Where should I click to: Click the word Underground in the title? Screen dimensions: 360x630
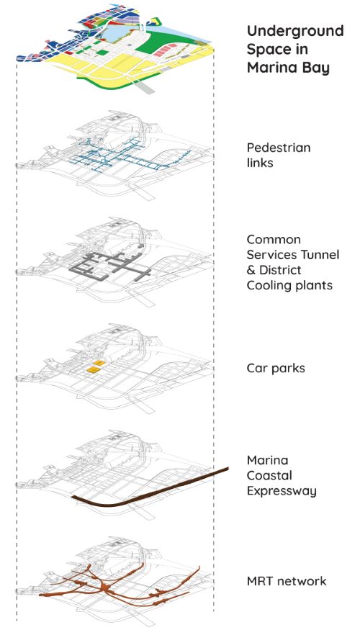tap(295, 32)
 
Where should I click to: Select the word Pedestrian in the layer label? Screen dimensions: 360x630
tap(279, 148)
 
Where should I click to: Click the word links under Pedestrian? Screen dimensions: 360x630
tap(260, 163)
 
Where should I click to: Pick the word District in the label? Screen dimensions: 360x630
tap(281, 270)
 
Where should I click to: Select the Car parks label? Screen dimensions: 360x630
tap(276, 369)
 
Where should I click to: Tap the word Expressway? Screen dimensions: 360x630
tap(282, 491)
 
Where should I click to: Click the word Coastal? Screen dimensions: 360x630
tap(269, 476)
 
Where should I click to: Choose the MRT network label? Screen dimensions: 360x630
tap(287, 581)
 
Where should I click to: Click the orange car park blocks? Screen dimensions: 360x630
tap(96, 366)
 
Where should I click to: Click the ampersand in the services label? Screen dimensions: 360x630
tap(251, 270)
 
